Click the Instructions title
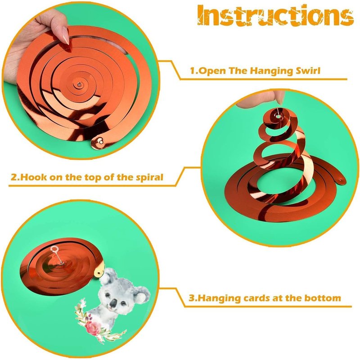coord(275,15)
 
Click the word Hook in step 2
coord(33,177)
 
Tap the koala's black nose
coord(113,304)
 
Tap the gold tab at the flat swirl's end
coord(98,142)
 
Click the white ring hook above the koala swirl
coord(54,249)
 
